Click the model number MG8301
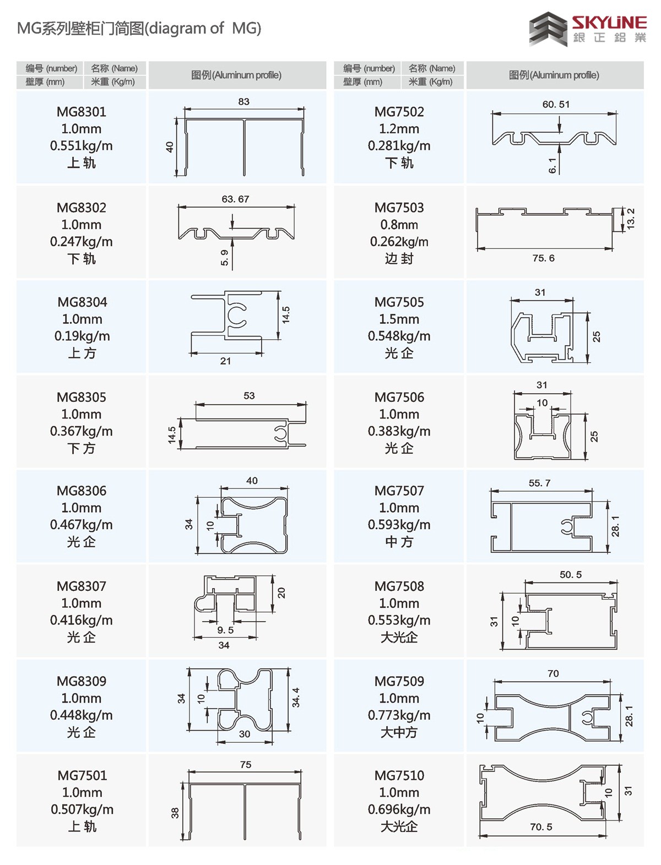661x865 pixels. [82, 112]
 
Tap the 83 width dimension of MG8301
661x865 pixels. [244, 102]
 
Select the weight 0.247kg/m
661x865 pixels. [82, 242]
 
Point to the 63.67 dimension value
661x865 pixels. [235, 199]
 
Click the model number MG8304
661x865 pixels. [82, 302]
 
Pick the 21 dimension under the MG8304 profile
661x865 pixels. [225, 361]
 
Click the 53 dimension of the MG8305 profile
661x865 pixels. [249, 396]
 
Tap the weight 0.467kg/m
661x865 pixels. [82, 525]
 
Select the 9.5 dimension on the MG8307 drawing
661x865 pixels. [225, 630]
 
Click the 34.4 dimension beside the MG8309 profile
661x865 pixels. [296, 698]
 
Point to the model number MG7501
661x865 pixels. [82, 776]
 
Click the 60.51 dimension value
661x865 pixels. [556, 105]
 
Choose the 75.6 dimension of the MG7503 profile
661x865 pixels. [543, 258]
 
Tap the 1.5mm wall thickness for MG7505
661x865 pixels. [399, 319]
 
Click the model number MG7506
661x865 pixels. [399, 398]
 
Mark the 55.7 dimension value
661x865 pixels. [539, 483]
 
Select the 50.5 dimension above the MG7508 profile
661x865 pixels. [570, 575]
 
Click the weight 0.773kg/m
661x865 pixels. [399, 716]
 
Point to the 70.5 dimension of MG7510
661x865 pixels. [541, 827]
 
